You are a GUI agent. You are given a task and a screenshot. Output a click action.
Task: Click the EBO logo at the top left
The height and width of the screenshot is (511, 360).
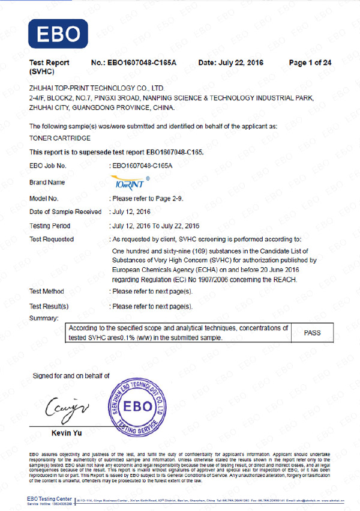point(58,34)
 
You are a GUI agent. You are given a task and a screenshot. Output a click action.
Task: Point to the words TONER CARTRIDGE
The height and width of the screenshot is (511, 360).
point(56,139)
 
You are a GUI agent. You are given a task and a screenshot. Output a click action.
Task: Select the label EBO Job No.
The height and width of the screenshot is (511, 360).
point(47,165)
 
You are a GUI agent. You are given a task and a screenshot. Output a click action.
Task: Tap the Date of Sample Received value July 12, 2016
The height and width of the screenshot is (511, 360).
point(132,212)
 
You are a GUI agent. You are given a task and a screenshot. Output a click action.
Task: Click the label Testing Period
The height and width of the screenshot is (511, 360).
point(50,226)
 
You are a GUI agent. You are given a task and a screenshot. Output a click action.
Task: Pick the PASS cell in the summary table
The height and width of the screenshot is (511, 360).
point(313,332)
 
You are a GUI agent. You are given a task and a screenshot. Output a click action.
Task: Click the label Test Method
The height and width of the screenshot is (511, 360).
point(47,291)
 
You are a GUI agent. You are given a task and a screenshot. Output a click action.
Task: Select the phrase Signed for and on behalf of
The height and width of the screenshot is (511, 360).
point(71,376)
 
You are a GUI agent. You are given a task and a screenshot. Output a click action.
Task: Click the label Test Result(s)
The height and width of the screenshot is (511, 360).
point(49,306)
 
